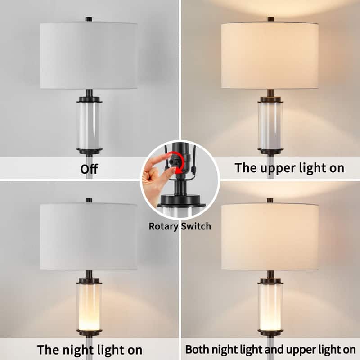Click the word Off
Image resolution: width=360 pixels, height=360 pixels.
point(89,169)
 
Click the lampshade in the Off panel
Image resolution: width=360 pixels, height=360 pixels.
point(89,55)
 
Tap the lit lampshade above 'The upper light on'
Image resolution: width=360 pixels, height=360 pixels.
point(270,55)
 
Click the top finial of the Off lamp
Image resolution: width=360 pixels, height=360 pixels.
point(89,19)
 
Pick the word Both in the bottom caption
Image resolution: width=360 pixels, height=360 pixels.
point(198,349)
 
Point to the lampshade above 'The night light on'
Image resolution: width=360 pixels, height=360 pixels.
point(89,236)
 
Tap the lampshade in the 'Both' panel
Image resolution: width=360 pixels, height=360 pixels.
point(270,236)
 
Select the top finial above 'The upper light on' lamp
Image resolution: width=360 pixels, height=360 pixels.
point(270,19)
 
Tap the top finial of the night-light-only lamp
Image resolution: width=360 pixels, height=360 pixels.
point(89,200)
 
